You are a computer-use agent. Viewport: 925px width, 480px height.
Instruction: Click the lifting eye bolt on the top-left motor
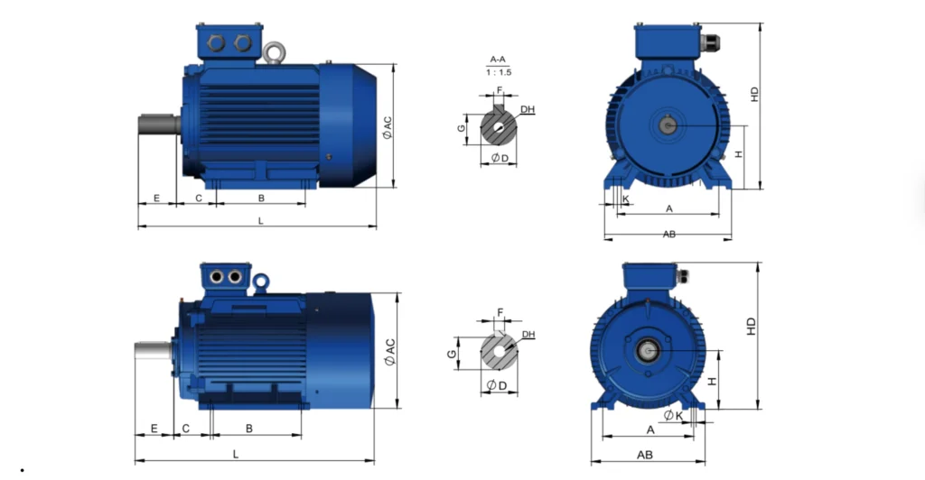[x=274, y=52]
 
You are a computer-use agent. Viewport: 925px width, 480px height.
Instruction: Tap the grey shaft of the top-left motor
[x=159, y=125]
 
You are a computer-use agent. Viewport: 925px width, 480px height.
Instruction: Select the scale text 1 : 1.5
[x=499, y=72]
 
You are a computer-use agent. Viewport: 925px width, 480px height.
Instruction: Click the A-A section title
[x=498, y=60]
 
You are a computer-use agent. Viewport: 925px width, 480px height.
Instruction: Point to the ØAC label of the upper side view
[x=387, y=128]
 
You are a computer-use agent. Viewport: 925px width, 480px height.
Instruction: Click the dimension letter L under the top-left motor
[x=261, y=221]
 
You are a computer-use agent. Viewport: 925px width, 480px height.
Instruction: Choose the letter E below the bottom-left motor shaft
[x=154, y=429]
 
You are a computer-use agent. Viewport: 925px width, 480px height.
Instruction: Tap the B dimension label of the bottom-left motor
[x=249, y=429]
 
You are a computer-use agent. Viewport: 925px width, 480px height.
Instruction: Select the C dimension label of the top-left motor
[x=198, y=198]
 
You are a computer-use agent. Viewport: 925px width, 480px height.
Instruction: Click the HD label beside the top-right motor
[x=754, y=94]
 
